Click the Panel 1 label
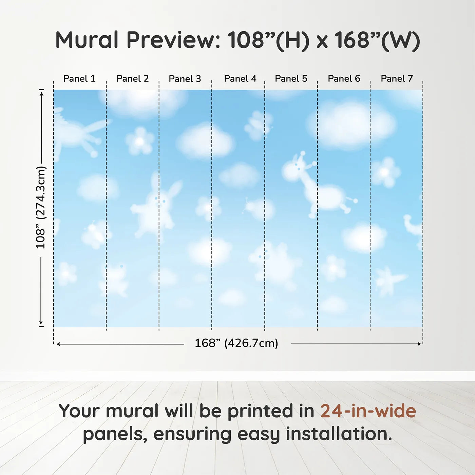[x=79, y=79]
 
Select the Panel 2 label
[x=133, y=79]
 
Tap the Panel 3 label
[x=185, y=79]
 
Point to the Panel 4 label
[x=240, y=79]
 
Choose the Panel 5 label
[x=291, y=79]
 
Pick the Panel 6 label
[x=344, y=79]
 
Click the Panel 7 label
[x=397, y=79]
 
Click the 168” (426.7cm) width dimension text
[x=236, y=343]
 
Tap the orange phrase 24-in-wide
[x=368, y=411]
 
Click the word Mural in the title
[x=87, y=40]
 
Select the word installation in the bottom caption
[x=339, y=434]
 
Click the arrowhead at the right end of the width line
[x=419, y=344]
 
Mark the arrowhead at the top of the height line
[x=42, y=94]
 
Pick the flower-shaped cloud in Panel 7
[x=385, y=172]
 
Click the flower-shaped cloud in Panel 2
[x=140, y=141]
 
